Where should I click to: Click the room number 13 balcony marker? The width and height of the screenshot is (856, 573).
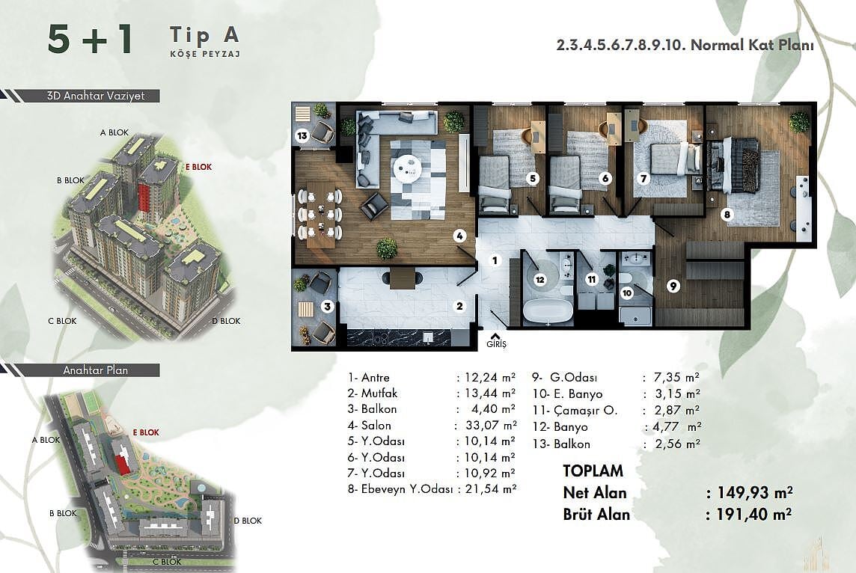point(302,135)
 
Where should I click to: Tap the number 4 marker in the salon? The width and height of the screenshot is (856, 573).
point(459,236)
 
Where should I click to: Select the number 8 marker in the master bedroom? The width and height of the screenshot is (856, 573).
point(727,215)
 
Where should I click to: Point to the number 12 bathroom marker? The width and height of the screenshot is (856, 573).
point(540,280)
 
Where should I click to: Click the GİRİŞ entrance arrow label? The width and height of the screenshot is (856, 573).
point(496,341)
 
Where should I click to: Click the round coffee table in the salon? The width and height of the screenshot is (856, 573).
point(408,167)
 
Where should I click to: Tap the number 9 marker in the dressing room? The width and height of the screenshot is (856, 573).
point(673,286)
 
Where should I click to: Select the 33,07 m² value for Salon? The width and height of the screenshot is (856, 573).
point(485,425)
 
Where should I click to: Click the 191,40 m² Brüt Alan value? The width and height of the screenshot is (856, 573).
point(749,514)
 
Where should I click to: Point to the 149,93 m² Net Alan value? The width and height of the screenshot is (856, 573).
point(749,493)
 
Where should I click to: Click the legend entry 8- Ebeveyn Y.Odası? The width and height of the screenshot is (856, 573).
point(400,489)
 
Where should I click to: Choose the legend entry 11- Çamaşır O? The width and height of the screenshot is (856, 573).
point(575,411)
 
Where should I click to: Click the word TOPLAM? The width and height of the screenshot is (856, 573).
point(593,471)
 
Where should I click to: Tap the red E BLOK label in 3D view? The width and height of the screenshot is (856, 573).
point(199,167)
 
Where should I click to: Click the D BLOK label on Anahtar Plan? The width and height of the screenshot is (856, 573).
point(248,521)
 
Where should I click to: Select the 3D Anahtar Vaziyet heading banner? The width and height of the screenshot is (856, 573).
point(96,96)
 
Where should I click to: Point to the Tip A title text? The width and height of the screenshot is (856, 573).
point(205,35)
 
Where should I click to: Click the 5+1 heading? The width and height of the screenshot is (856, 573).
point(90,40)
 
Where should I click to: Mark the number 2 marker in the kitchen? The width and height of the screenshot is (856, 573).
point(459,307)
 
